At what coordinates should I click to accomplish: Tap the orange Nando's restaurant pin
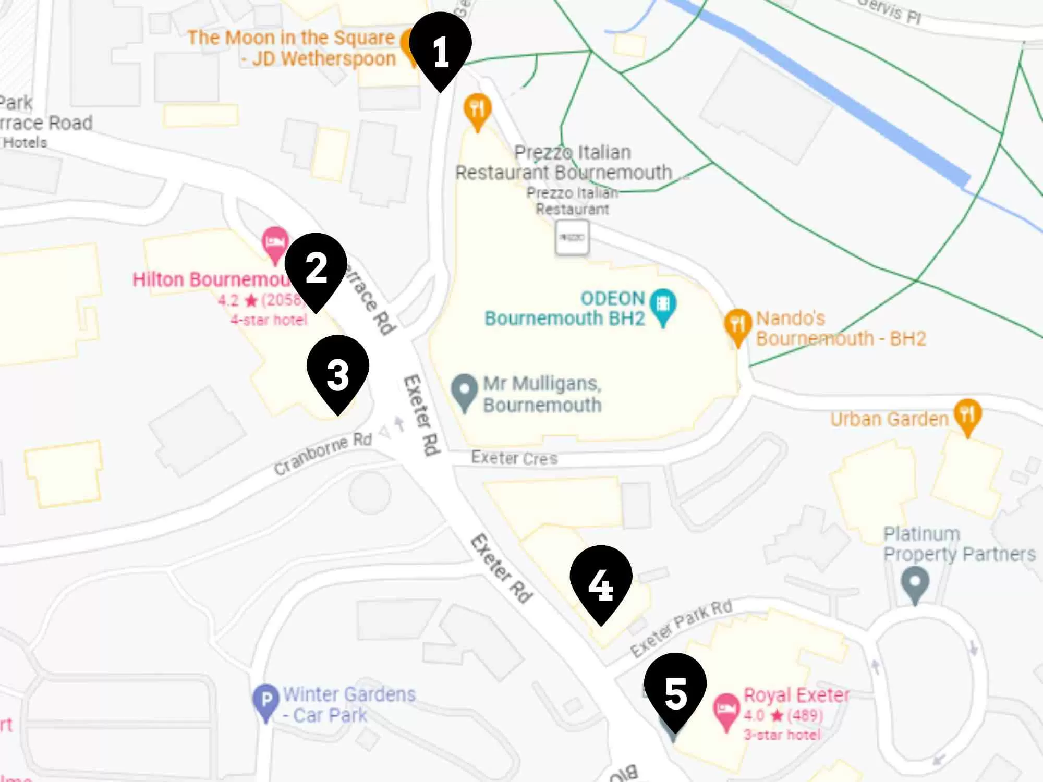[x=737, y=325]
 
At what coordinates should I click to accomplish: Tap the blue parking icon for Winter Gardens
[x=266, y=701]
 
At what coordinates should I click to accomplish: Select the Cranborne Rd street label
[x=323, y=454]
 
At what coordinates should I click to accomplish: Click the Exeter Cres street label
[x=514, y=458]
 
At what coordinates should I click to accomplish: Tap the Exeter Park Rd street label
[x=681, y=628]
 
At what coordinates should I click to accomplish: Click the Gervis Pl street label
[x=890, y=10]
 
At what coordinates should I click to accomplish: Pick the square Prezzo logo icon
[x=572, y=238]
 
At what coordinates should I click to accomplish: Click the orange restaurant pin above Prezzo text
[x=477, y=111]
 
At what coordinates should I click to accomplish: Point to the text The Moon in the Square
[x=291, y=38]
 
